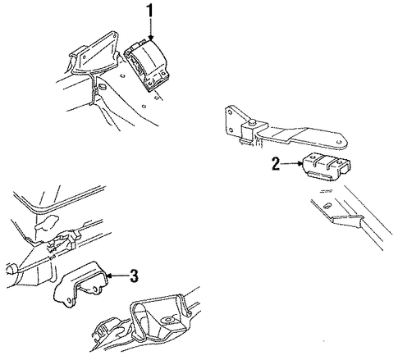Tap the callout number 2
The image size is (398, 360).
pyautogui.click(x=276, y=164)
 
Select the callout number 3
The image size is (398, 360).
pyautogui.click(x=134, y=276)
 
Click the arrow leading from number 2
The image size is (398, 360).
pyautogui.click(x=292, y=164)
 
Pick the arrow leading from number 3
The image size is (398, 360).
pyautogui.click(x=117, y=276)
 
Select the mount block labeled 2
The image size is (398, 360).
pyautogui.click(x=327, y=166)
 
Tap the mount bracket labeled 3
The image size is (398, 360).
pyautogui.click(x=80, y=285)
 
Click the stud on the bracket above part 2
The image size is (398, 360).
pyautogui.click(x=253, y=121)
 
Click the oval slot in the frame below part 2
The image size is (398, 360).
pyautogui.click(x=327, y=205)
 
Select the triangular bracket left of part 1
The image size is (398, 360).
pyautogui.click(x=92, y=55)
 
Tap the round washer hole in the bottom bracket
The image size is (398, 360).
pyautogui.click(x=167, y=320)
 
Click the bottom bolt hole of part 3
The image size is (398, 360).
pyautogui.click(x=70, y=301)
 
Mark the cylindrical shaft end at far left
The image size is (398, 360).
pyautogui.click(x=11, y=269)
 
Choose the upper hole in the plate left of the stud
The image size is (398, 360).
pyautogui.click(x=229, y=112)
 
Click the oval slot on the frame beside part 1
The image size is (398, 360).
pyautogui.click(x=102, y=87)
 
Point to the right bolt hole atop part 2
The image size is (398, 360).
pyautogui.click(x=340, y=162)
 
